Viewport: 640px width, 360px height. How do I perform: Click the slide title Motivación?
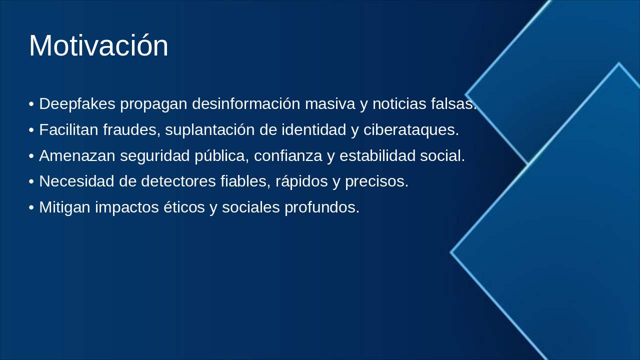tap(98, 45)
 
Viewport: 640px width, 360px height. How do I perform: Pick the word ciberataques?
tap(411, 130)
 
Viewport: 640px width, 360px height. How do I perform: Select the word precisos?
tap(377, 181)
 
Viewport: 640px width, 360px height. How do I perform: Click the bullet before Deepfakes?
tap(31, 104)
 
